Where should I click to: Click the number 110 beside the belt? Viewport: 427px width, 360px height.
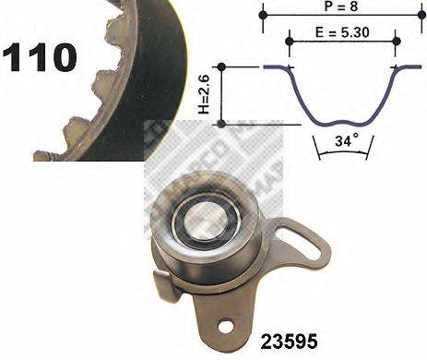39,57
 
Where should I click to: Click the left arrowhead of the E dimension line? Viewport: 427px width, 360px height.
292,41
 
